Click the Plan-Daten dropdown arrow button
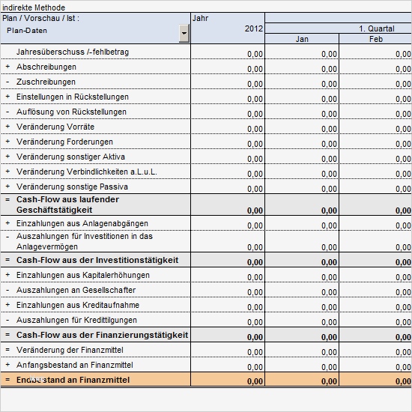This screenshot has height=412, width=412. (x=184, y=33)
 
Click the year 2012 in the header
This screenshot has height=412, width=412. (x=254, y=28)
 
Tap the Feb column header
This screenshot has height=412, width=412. (x=375, y=39)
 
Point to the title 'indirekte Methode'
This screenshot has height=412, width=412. (x=33, y=7)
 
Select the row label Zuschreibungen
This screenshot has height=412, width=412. (x=46, y=82)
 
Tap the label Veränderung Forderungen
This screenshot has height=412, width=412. (x=64, y=142)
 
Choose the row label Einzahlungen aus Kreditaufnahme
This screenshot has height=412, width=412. (x=77, y=306)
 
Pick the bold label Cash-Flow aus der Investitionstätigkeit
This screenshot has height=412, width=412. (x=97, y=260)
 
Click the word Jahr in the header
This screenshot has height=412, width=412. (x=200, y=17)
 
